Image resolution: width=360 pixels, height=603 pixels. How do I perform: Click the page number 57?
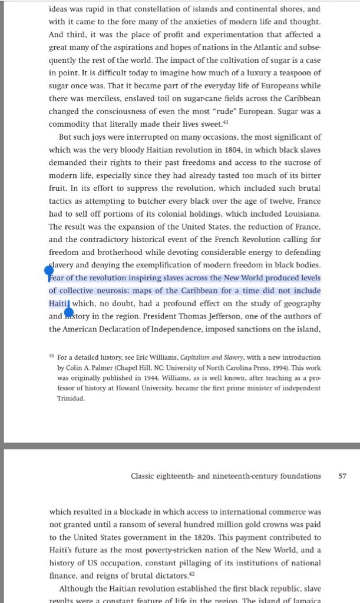(342, 476)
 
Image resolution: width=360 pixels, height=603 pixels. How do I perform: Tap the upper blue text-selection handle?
(49, 271)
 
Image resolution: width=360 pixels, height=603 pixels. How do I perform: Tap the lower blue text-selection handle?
(68, 313)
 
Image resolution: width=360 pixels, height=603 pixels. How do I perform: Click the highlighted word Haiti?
(59, 303)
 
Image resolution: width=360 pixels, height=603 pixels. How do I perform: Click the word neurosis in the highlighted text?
(133, 291)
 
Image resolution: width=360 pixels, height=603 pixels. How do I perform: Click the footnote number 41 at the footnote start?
(52, 357)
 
